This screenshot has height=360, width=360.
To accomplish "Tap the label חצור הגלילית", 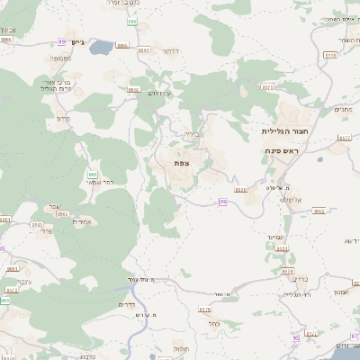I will click(281, 130).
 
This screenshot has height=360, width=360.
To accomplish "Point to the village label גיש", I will click(76, 42).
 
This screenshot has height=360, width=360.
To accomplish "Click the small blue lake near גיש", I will click(98, 46).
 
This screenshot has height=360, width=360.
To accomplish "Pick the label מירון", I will click(62, 119).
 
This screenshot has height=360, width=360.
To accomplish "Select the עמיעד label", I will click(275, 235).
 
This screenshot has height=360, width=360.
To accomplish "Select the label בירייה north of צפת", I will click(190, 134).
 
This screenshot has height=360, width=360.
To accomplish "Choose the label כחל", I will click(214, 324).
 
